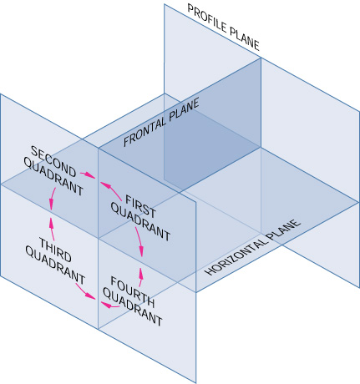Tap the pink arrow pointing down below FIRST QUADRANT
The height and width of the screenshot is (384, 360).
139,245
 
